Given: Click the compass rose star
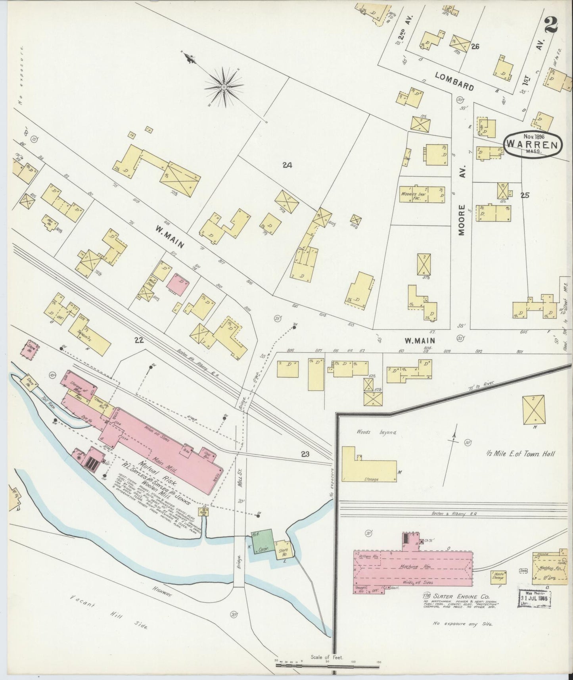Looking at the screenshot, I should (x=224, y=86).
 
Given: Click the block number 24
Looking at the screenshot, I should (x=287, y=165).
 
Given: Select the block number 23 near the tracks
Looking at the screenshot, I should (x=305, y=454).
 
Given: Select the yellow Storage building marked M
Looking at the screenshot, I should (x=369, y=465).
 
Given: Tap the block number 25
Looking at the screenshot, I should (x=525, y=195).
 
